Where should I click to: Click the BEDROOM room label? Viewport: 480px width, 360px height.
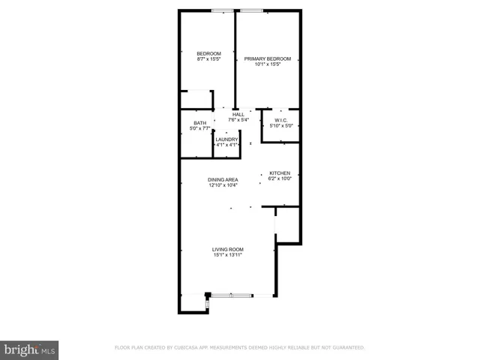coord(208,53)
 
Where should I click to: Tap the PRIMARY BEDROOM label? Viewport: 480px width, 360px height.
coord(268,58)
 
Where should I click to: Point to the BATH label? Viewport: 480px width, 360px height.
coord(199,123)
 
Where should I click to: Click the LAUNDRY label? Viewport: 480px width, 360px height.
coord(226,139)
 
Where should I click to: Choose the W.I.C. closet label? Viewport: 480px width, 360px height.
coord(281,120)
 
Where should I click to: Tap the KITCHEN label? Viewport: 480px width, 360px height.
coord(280,172)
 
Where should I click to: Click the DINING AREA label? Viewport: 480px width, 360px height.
coord(223,180)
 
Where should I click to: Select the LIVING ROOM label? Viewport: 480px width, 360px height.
coord(227,249)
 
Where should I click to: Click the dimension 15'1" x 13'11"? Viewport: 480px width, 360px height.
coord(227,255)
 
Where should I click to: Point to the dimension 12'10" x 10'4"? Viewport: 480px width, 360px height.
coord(223,185)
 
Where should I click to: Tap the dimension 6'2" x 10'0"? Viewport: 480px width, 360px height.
coord(280,178)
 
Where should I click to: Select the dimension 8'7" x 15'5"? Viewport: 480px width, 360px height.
coord(208,58)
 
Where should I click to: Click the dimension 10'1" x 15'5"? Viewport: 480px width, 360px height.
coord(268,64)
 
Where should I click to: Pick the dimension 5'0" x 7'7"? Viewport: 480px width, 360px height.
coord(199,129)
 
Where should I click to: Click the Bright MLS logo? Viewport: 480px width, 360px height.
coord(30,349)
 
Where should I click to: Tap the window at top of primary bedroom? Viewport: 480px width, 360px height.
coord(252,10)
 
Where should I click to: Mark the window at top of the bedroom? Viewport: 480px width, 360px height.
coord(222,10)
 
